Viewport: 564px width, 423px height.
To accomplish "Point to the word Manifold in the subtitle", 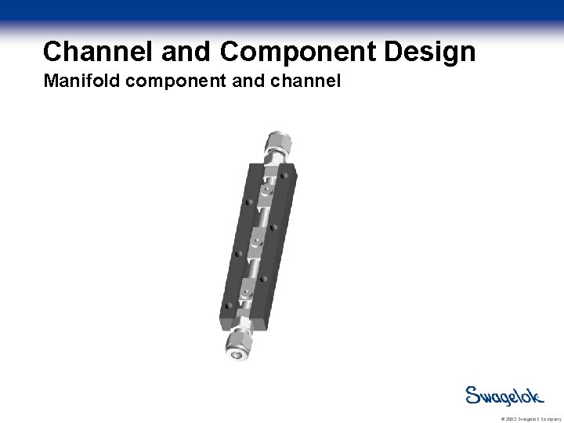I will [x=80, y=81].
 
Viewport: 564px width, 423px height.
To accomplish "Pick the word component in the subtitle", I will [x=175, y=81].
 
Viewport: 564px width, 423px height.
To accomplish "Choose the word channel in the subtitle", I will [x=305, y=81].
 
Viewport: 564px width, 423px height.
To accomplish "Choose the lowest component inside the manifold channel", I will [x=245, y=289].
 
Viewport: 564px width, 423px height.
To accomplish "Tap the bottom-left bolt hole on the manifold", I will [x=226, y=306].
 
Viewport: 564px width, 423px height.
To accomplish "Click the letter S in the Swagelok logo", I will [x=474, y=396].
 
